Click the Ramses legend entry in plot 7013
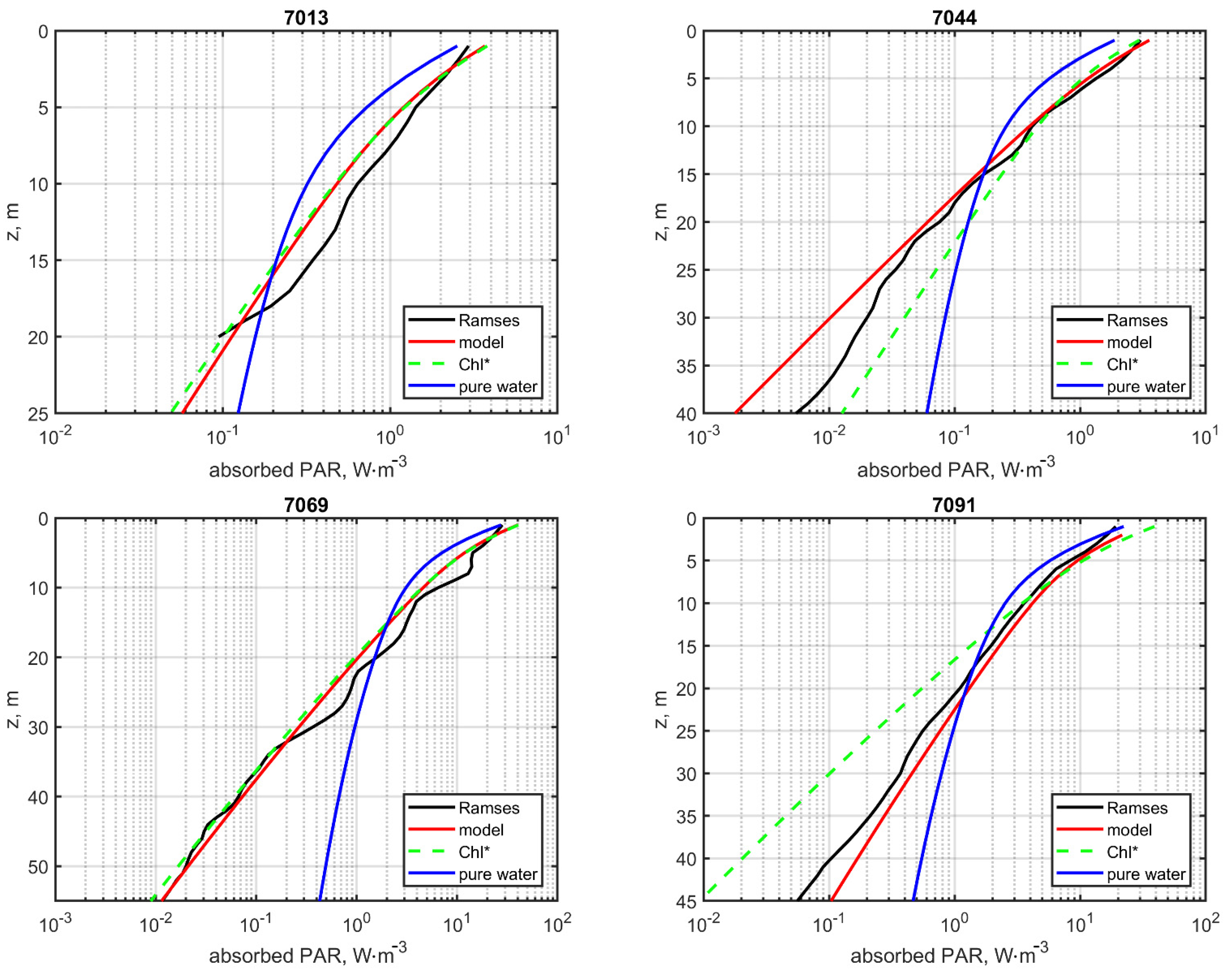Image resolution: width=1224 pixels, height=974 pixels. pos(488,320)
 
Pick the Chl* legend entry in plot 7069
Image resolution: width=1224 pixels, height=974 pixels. pos(474,852)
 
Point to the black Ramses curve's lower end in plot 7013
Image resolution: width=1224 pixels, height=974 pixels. pos(219,336)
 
